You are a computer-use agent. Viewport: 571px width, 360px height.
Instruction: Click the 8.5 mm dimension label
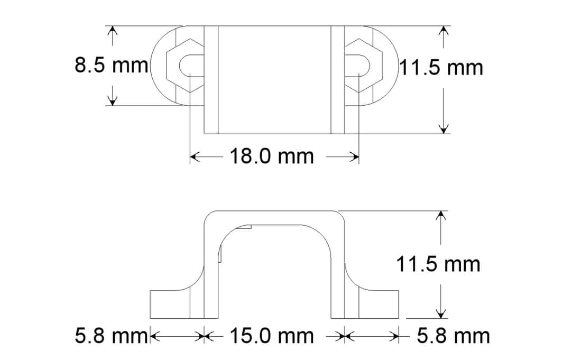click(112, 66)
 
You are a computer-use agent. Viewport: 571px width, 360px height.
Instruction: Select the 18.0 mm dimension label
click(272, 156)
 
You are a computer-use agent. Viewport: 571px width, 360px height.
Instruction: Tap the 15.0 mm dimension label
click(272, 336)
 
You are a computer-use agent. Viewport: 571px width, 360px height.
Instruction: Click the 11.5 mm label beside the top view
click(441, 68)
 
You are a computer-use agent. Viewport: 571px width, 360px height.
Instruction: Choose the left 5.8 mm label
click(111, 336)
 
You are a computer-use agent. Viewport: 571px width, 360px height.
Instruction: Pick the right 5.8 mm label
click(454, 336)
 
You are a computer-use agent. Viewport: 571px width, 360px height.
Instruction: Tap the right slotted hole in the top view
click(358, 66)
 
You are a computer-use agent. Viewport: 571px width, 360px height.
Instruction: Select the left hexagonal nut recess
click(185, 66)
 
